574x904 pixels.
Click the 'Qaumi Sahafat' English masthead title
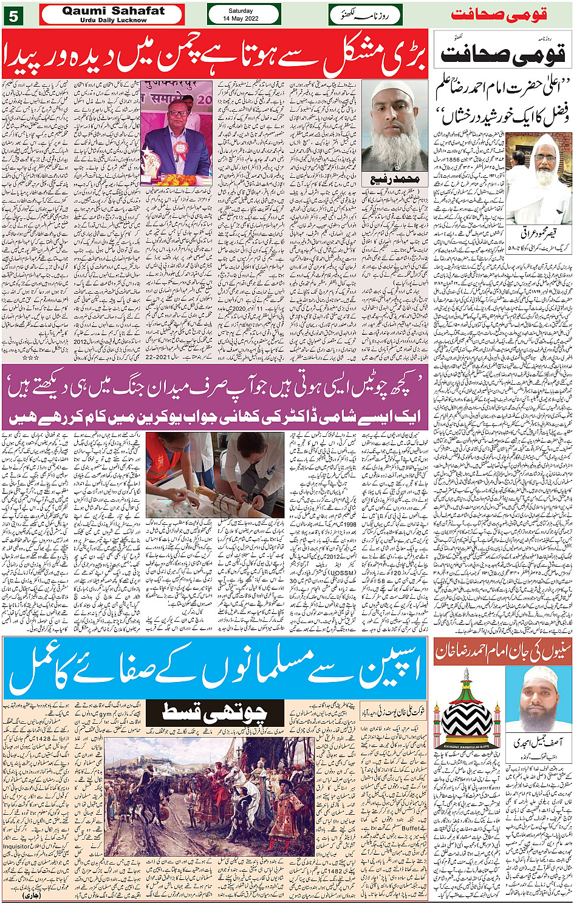coord(113,11)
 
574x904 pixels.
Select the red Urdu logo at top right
coord(509,14)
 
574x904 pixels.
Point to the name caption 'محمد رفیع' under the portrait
coord(395,180)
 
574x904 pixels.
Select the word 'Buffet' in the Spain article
coord(411,827)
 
